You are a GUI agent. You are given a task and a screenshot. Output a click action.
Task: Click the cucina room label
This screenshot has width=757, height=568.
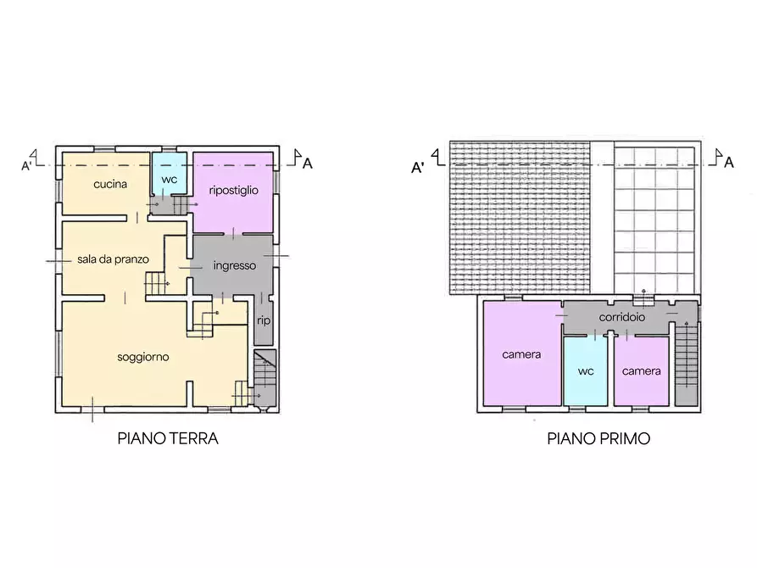110,184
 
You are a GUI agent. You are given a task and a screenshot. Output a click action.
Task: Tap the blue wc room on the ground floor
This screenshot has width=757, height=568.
170,174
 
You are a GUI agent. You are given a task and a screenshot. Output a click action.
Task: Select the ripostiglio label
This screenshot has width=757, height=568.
234,190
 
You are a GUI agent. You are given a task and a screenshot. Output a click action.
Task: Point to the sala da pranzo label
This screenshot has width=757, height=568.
113,259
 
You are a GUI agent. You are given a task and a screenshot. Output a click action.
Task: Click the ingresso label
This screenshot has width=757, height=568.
235,265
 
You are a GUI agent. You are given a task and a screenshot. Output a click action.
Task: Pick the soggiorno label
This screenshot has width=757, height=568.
143,358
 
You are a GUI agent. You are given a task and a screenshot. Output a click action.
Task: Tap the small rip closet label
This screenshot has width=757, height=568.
264,320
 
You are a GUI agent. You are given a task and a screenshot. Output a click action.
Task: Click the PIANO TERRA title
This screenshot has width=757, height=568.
168,438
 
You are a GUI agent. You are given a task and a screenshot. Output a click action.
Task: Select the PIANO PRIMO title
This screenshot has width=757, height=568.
598,438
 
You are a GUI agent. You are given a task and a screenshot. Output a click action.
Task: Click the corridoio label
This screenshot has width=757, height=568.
622,317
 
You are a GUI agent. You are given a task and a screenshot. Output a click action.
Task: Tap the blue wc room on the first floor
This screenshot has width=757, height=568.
586,371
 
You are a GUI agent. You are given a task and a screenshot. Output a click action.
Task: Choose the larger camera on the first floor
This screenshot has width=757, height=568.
522,354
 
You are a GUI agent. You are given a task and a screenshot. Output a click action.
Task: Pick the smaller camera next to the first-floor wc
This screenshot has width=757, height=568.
642,371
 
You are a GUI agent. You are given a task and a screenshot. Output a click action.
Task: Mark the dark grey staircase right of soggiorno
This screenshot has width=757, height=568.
265,378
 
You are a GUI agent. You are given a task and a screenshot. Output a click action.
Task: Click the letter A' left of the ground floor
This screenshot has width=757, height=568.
26,166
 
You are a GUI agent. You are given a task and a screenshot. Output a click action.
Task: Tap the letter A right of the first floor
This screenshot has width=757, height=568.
729,162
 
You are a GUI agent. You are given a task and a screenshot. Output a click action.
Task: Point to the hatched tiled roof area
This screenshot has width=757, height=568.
520,218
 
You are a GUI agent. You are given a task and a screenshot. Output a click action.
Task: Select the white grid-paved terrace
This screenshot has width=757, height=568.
654,220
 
